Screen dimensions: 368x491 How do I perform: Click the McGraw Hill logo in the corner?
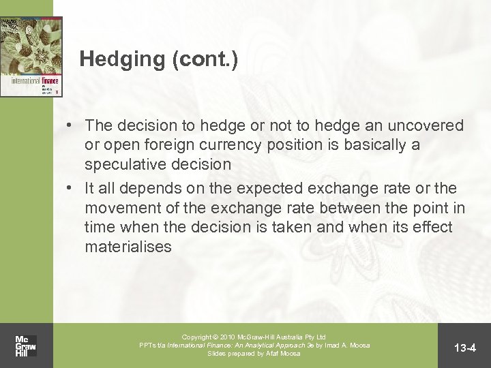pos(25,346)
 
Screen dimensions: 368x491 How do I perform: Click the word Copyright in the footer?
pos(198,337)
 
